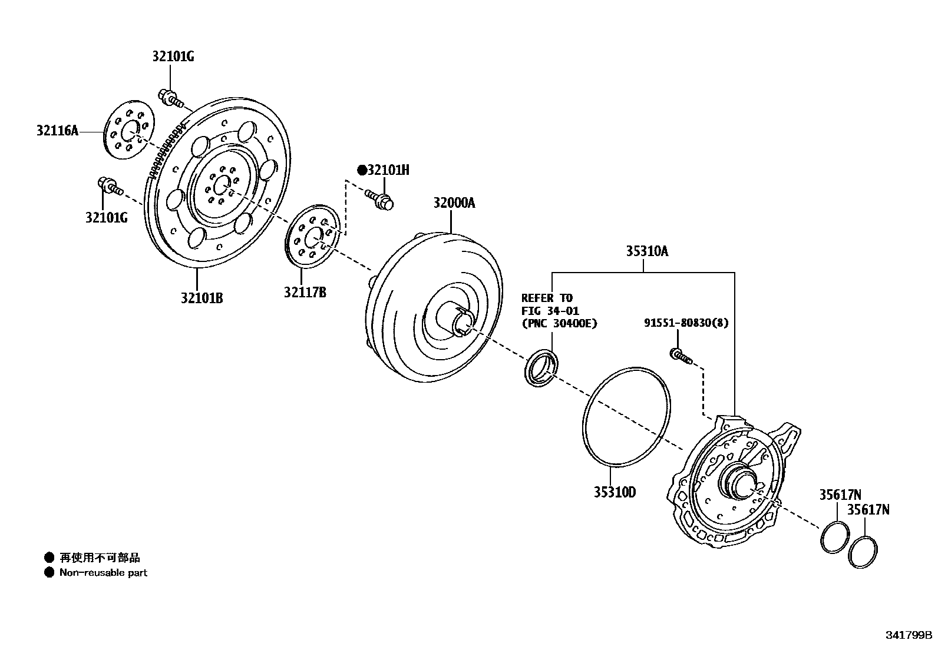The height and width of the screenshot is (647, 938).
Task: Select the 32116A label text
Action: (x=57, y=131)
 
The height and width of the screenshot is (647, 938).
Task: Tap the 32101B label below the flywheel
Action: (x=202, y=298)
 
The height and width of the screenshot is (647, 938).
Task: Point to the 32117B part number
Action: (x=305, y=292)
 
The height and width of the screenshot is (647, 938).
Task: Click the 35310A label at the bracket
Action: (x=646, y=251)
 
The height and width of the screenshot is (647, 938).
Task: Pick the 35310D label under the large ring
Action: (x=615, y=492)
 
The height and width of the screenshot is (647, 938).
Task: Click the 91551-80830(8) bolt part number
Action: (x=685, y=323)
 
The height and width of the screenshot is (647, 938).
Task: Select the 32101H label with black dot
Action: (x=383, y=171)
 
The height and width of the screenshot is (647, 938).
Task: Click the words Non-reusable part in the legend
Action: (x=103, y=572)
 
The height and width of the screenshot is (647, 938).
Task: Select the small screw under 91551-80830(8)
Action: (x=680, y=354)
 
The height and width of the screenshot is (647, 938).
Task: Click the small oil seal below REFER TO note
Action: (x=541, y=369)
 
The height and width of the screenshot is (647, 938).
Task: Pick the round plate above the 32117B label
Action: (x=313, y=234)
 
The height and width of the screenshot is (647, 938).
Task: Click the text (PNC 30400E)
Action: (x=559, y=323)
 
